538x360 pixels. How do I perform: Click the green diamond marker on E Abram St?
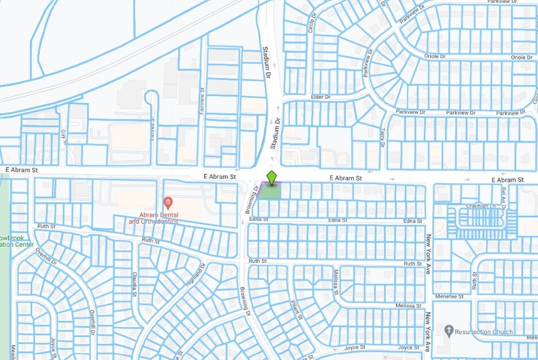(x=272, y=178)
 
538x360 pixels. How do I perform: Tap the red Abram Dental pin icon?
(x=168, y=202)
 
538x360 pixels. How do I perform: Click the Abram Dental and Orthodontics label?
(x=153, y=217)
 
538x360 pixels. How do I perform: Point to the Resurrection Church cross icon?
(x=449, y=331)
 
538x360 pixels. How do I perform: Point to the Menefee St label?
(x=449, y=297)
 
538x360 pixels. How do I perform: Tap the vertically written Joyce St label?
(x=53, y=346)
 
